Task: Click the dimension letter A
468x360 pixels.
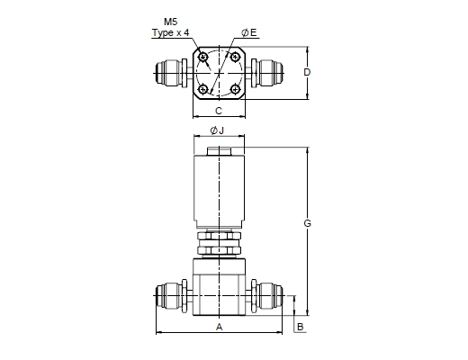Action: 220,327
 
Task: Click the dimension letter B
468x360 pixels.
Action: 300,327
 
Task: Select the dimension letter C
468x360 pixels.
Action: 219,111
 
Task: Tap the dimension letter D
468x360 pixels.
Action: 307,72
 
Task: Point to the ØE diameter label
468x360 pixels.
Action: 249,32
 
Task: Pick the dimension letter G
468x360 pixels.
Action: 307,223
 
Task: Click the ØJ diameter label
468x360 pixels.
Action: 217,130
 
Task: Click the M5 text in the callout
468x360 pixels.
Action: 170,22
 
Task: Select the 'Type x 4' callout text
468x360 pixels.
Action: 171,32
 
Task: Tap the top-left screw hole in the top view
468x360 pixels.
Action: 203,57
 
